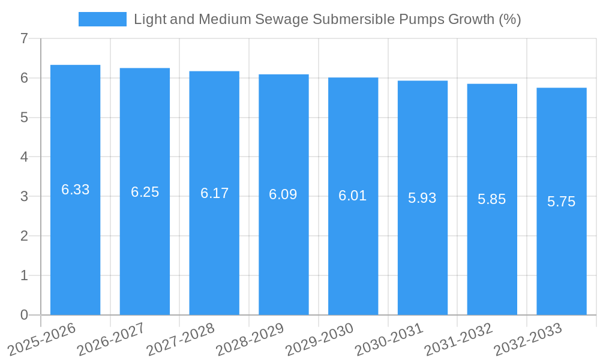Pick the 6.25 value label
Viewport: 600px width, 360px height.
pos(145,192)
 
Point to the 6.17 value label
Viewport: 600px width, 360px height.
pos(214,193)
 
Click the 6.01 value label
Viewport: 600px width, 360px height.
pos(353,196)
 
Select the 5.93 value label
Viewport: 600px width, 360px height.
pos(422,198)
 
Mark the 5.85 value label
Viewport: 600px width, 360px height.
pos(492,199)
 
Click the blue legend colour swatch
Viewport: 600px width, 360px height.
pos(103,19)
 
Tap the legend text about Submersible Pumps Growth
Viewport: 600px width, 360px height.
pos(327,19)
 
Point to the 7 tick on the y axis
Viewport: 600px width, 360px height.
pos(24,39)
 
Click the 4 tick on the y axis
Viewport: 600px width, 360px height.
pos(24,157)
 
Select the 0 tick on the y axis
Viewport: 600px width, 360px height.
pos(24,315)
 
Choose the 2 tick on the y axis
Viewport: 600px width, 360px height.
pos(24,236)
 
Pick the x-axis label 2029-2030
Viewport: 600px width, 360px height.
pos(319,339)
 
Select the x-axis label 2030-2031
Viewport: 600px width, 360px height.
pos(389,339)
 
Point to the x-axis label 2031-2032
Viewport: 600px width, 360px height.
pos(458,339)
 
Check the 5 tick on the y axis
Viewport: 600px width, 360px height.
pos(24,118)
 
